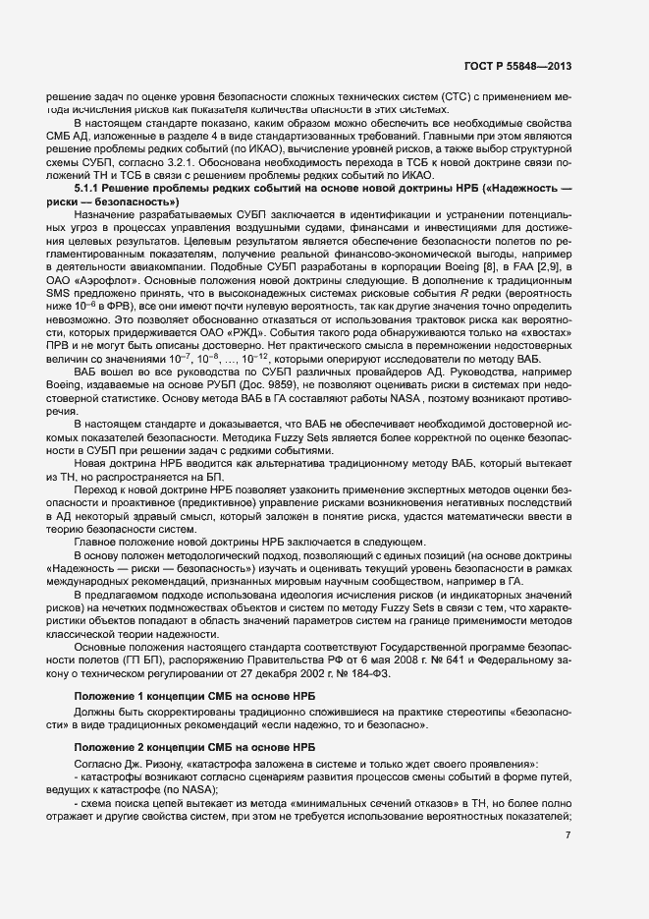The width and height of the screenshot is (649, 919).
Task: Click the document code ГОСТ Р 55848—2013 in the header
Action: coord(519,66)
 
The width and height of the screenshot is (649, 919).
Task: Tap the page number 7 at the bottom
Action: coord(568,835)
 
